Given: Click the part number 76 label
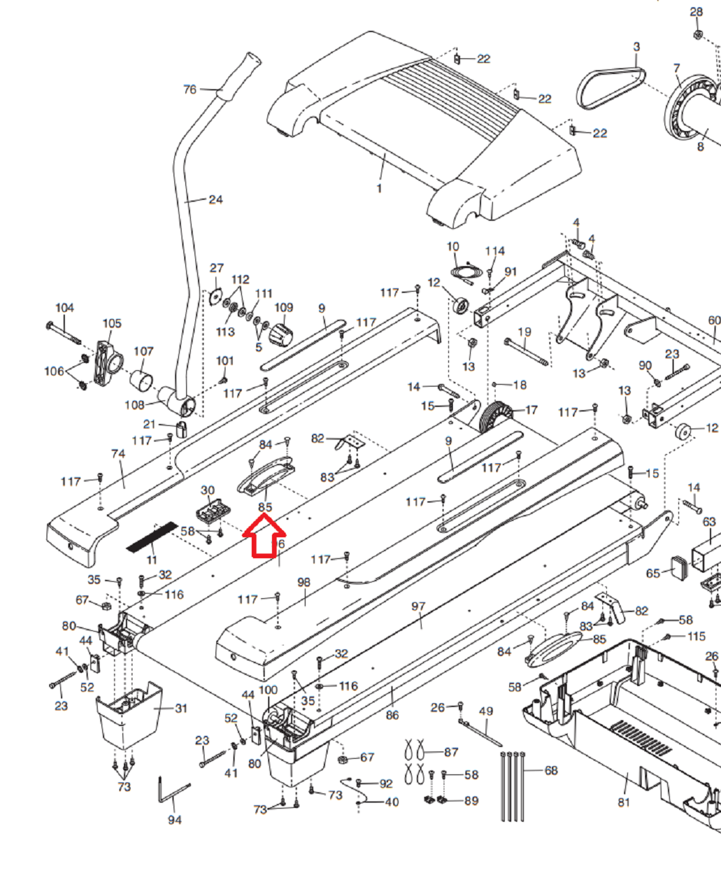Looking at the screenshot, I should (189, 89).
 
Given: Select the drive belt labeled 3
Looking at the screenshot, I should (610, 88).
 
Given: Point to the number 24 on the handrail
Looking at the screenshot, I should (216, 199).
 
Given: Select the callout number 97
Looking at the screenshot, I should (418, 606).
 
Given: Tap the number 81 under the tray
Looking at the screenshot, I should (623, 801).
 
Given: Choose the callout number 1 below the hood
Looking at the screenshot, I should (379, 188).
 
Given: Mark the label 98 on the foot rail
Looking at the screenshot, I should (303, 582).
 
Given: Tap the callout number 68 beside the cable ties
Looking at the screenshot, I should (551, 770).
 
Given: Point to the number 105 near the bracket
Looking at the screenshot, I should (112, 323).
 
